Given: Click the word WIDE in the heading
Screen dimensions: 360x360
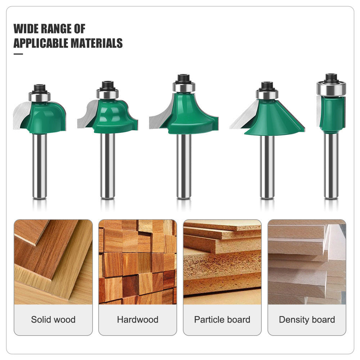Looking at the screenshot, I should point(27,28).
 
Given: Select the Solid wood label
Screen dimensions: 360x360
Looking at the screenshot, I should point(53,319).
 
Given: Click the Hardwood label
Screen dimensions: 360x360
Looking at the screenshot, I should point(138,319).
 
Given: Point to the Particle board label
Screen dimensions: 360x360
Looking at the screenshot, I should point(222,319).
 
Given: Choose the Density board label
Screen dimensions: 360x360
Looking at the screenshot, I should point(307,319).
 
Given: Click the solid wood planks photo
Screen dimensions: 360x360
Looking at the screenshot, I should point(53,262).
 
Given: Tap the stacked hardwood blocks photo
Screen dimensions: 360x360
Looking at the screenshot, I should point(138,262).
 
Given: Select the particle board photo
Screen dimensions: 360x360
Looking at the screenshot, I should point(222,262).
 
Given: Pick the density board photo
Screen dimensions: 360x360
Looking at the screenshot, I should point(307,262).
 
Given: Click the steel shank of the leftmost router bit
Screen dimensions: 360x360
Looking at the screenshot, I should point(40,166).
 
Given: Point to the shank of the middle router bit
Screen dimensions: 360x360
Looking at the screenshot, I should point(184,166).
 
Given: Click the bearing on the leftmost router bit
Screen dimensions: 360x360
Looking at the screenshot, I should point(40,96).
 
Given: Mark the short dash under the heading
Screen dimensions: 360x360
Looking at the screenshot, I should point(18,54).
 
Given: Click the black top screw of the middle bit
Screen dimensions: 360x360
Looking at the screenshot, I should point(184,78).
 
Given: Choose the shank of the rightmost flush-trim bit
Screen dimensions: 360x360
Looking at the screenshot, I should point(331,166).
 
